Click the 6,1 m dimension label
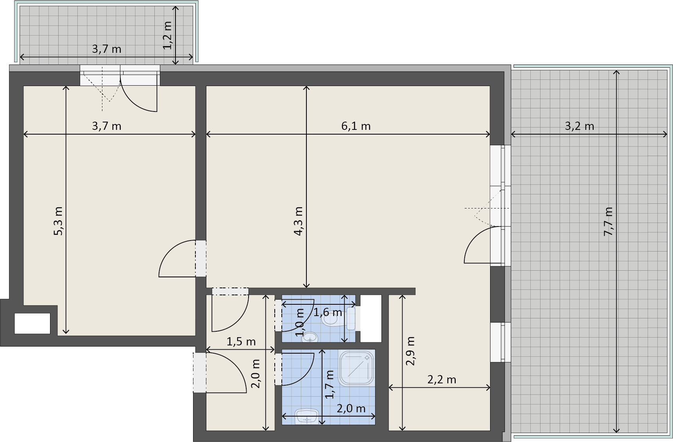click(356, 126)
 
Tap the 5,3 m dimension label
click(58, 221)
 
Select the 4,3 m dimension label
click(298, 221)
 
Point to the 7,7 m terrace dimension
click(609, 221)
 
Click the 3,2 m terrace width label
click(580, 126)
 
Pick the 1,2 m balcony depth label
click(167, 35)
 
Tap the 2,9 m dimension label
click(410, 350)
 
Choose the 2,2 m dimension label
click(442, 379)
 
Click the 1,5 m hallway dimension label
click(241, 341)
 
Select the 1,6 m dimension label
click(328, 312)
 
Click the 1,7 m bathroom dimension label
click(330, 385)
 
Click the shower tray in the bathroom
click(357, 368)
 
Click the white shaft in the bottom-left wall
click(32, 323)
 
